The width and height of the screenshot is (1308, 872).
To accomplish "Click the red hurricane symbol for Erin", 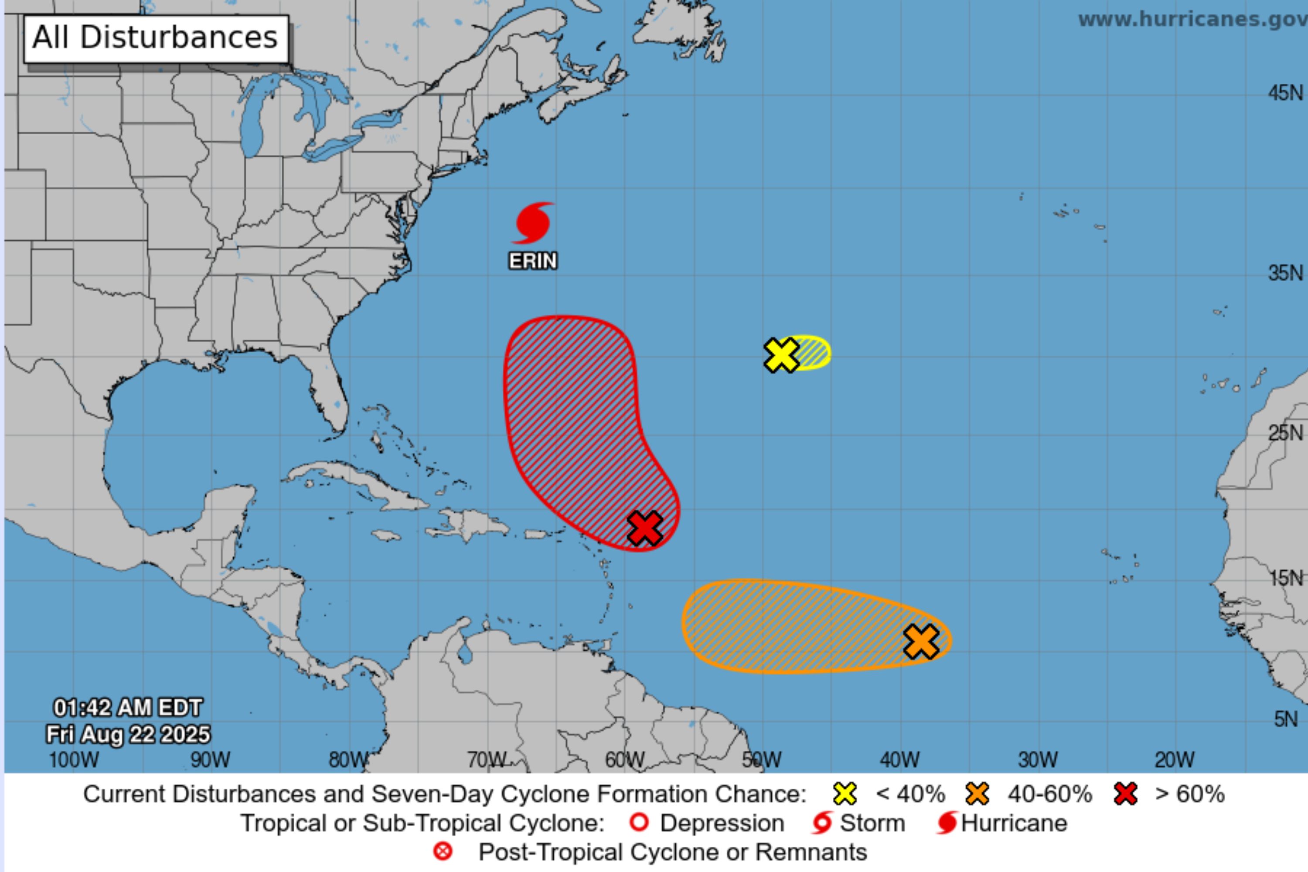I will tap(533, 223).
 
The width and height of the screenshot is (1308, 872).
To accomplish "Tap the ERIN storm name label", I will tap(533, 261).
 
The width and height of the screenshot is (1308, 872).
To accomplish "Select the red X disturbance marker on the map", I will tap(644, 528).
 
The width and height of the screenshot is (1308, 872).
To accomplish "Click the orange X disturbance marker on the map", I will tap(921, 641).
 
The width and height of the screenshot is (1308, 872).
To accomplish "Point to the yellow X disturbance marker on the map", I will tap(781, 355).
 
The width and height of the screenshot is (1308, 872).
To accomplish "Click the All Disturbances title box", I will tap(156, 38).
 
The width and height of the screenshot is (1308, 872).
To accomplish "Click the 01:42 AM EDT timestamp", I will tap(128, 708).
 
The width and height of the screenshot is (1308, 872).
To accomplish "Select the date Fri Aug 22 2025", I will tap(128, 734).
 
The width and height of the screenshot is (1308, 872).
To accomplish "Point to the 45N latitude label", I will tap(1285, 93).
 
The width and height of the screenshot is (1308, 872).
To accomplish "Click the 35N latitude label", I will tap(1285, 273).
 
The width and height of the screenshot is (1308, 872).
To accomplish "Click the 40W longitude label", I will tap(899, 760).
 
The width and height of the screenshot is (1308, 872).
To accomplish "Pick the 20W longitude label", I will tap(1175, 760).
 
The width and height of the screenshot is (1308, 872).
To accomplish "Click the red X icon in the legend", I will tap(1126, 794).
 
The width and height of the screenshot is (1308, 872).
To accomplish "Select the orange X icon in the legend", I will tap(977, 794).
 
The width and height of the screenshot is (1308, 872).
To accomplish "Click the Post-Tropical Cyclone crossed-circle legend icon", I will tap(443, 852).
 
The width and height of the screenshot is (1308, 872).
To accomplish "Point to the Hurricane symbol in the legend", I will tap(947, 823).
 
